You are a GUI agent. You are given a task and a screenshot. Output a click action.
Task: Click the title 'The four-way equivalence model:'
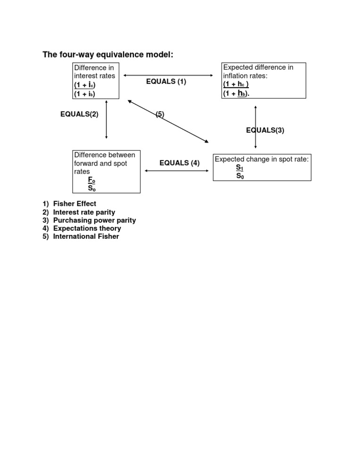(x=108, y=55)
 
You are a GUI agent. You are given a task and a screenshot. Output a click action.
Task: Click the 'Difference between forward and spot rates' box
(x=106, y=172)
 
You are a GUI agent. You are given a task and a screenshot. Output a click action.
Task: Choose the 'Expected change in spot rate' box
(x=262, y=167)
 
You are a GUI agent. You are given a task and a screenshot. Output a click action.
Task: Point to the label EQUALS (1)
(x=166, y=82)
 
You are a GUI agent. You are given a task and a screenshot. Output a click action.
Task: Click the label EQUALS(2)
(x=79, y=114)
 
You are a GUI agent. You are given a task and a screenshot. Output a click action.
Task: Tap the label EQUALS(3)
(x=265, y=131)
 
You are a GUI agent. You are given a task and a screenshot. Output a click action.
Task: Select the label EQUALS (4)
(x=179, y=163)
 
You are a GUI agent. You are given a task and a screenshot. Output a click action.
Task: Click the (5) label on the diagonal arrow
(x=160, y=114)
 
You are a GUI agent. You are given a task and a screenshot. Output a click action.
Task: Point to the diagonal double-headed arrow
(x=189, y=130)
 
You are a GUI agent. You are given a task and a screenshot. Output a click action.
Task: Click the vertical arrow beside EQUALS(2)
(x=107, y=119)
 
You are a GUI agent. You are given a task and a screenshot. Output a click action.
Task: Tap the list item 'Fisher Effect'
(x=74, y=204)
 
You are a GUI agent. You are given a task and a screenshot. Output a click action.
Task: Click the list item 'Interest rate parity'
(x=84, y=212)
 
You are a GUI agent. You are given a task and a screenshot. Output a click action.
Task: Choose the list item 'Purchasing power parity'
(x=94, y=220)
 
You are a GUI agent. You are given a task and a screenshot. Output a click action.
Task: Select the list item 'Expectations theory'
(x=87, y=228)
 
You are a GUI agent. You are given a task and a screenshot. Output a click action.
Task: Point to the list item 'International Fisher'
(x=86, y=236)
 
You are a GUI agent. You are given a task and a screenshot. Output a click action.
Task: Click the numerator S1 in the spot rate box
(x=239, y=167)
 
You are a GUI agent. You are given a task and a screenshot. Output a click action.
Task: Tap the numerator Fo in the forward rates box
(x=91, y=180)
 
